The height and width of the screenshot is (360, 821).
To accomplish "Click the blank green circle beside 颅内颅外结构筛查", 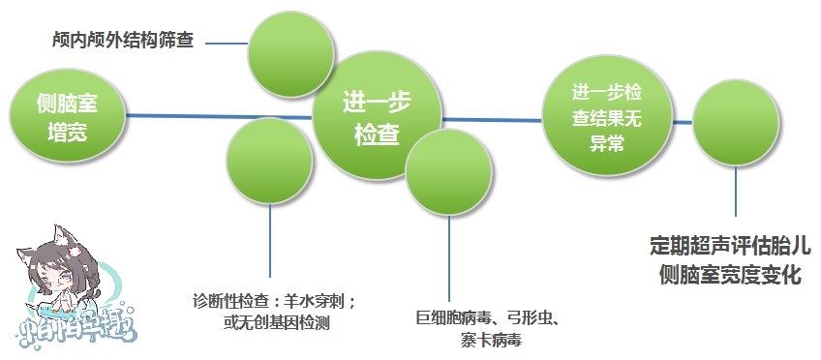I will [288, 46].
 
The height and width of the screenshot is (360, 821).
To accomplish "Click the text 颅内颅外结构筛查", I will [122, 42].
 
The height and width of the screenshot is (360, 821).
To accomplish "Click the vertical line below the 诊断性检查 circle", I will [269, 242].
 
